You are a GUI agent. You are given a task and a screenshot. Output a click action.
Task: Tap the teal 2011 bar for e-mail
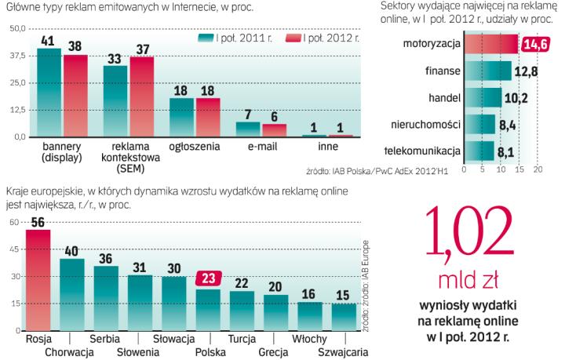point(248,129)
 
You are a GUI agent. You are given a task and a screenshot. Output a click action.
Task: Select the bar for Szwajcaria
point(343,318)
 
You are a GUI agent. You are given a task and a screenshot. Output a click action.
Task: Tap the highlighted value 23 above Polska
point(208,277)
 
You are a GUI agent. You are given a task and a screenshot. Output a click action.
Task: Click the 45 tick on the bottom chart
point(15,250)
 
